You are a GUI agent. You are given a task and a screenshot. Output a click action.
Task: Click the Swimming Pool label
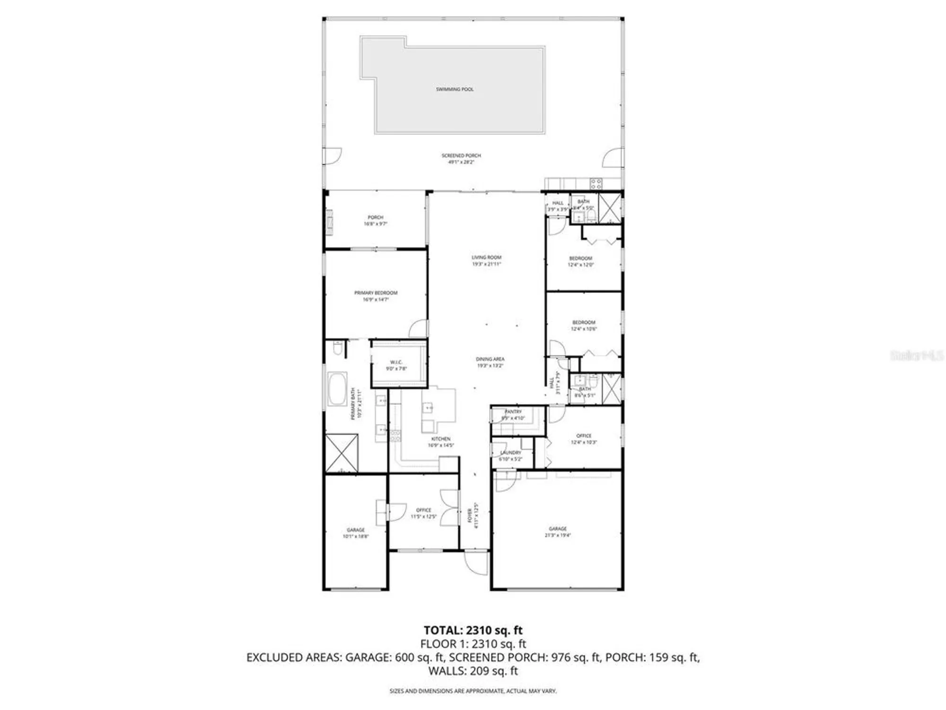coord(455,89)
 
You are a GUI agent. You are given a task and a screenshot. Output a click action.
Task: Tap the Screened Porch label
coord(461,159)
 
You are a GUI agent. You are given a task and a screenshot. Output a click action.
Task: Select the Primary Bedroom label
coord(376,296)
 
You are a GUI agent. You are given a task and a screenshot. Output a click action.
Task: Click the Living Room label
coord(486,260)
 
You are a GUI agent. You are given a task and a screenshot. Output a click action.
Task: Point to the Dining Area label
coord(490,362)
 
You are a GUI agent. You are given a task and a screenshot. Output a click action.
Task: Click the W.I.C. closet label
coord(396,365)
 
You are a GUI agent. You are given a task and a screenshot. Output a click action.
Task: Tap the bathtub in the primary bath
coord(337,389)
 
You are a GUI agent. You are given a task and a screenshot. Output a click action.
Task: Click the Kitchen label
coord(441,442)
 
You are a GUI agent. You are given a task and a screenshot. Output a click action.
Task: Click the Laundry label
coord(510,455)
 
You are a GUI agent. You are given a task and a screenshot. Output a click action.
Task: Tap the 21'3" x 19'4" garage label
coord(558,532)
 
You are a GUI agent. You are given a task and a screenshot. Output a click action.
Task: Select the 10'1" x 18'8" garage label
coord(356,533)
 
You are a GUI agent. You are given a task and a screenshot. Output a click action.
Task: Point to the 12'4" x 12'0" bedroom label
coord(580,261)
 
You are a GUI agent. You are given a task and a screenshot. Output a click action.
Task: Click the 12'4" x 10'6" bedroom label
coord(584,325)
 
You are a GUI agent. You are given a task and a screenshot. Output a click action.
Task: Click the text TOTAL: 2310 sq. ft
coord(473,630)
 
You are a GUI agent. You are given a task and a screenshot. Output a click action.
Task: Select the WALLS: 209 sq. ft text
coord(473,671)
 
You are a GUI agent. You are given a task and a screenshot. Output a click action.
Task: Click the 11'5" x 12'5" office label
coord(423,513)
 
